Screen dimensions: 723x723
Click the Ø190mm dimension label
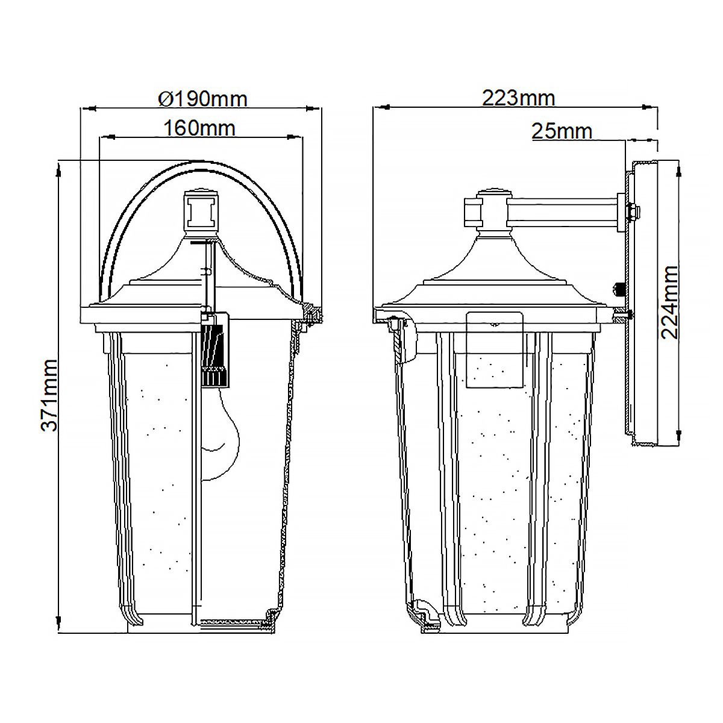pos(202,98)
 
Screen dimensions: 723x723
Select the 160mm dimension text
pos(199,128)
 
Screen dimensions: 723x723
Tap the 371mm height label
pos(49,395)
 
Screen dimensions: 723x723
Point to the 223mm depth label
pos(518,98)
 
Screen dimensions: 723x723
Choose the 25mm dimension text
pos(562,131)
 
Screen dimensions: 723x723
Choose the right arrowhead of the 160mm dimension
pos(299,137)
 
